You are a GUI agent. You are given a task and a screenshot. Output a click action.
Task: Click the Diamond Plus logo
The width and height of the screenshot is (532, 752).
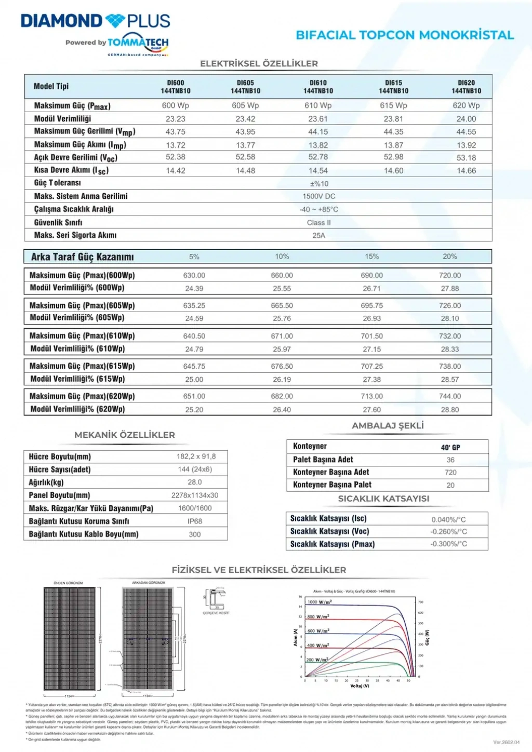[x=96, y=21]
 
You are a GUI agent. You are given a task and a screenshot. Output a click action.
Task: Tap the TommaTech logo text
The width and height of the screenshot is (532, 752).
[x=138, y=43]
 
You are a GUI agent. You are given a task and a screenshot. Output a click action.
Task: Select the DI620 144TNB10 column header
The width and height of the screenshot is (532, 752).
[x=466, y=87]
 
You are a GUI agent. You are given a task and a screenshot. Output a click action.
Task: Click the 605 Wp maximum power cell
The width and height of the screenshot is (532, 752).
[x=245, y=105]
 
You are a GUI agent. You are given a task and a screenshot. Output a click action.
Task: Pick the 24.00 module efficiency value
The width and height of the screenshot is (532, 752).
[x=466, y=119]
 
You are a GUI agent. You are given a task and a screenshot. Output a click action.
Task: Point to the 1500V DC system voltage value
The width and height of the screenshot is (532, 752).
[x=319, y=196]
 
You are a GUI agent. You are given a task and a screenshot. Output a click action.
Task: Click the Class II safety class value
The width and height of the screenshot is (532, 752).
[x=319, y=223]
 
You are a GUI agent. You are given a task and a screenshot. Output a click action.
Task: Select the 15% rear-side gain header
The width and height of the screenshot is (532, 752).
[x=371, y=257]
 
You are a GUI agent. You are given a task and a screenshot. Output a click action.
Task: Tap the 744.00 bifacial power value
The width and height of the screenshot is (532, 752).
[x=450, y=396]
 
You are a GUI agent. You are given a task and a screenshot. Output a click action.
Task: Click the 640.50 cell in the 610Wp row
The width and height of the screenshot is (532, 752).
[x=194, y=336]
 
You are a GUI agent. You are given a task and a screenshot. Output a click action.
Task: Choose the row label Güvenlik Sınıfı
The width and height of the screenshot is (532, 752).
[x=58, y=222]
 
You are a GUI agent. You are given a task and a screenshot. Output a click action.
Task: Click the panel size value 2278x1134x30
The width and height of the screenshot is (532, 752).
[x=195, y=495]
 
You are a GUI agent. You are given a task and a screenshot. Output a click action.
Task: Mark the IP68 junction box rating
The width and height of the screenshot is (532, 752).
[x=195, y=521]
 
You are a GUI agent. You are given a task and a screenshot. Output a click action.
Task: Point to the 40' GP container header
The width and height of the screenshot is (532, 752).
[x=450, y=447]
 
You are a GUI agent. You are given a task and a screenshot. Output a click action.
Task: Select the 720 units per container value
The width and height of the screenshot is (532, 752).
[x=450, y=473]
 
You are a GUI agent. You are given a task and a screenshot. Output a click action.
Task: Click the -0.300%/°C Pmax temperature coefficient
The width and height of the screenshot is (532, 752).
[x=449, y=544]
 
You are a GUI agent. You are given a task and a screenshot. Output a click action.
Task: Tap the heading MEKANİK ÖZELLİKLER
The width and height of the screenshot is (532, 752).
[x=125, y=435]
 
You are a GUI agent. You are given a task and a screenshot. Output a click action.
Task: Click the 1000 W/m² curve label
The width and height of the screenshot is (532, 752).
[x=320, y=602]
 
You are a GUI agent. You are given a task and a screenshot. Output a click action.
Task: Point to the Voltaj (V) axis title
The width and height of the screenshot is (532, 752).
[x=360, y=686]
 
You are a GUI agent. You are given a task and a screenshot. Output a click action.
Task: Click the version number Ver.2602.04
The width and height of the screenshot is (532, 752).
[x=506, y=743]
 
